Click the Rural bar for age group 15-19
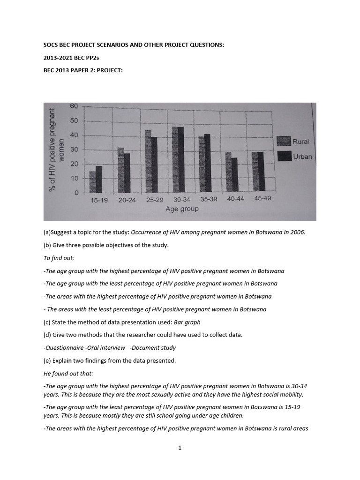(x=92, y=182)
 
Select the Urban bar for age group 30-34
(x=180, y=160)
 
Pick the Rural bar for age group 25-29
(x=148, y=161)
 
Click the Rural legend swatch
(x=284, y=141)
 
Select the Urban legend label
(x=302, y=157)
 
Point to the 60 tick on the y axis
(x=74, y=106)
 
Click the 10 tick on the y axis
(x=74, y=179)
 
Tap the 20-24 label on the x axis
(x=127, y=200)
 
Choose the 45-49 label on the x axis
(x=262, y=198)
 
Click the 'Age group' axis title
(x=182, y=209)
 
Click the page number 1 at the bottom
(x=180, y=448)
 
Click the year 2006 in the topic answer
(x=297, y=232)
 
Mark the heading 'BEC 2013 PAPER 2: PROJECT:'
(x=82, y=70)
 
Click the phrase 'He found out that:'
(x=68, y=373)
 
